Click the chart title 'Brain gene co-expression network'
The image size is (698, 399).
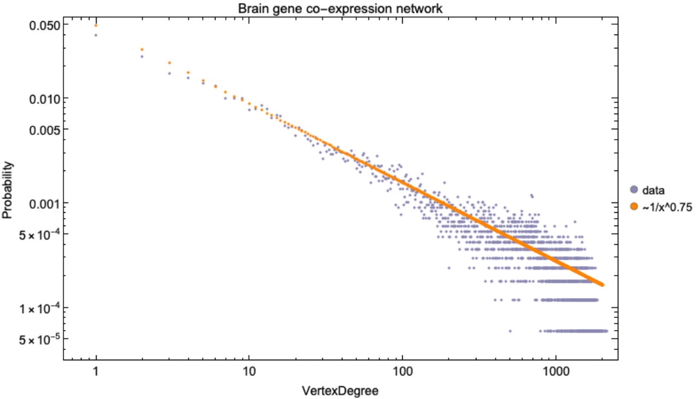(341, 8)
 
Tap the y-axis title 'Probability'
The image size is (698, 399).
(8, 190)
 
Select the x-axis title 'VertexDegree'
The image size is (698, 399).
(341, 391)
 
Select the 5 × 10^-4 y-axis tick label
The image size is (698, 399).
(38, 234)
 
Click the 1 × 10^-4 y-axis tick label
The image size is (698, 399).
(38, 308)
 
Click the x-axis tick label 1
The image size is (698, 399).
(96, 371)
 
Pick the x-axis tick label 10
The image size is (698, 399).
(248, 371)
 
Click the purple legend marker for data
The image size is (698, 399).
(633, 190)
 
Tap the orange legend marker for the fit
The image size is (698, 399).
(633, 207)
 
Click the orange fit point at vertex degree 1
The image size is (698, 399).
(96, 25)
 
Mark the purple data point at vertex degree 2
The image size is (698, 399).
(141, 57)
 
